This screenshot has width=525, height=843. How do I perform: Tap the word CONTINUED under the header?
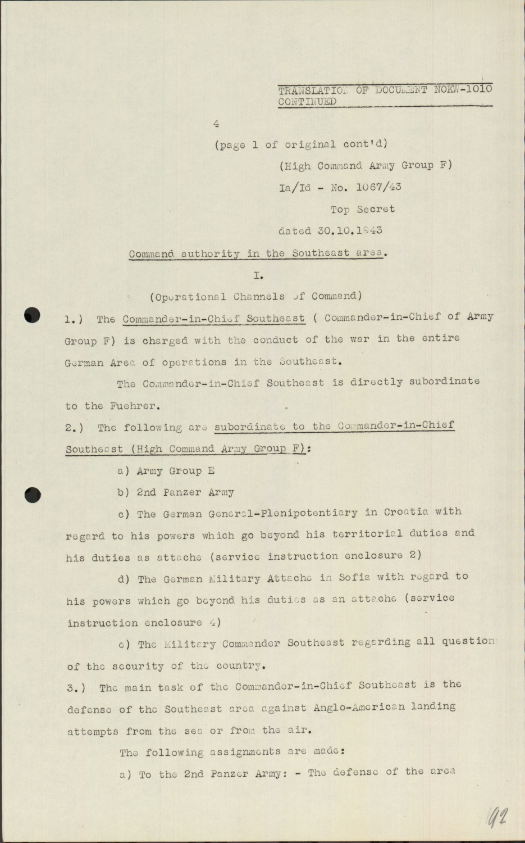(x=307, y=102)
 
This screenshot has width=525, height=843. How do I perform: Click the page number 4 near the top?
(x=216, y=124)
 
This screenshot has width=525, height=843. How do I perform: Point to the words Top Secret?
(x=362, y=209)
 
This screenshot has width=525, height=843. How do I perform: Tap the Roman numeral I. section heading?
(x=258, y=275)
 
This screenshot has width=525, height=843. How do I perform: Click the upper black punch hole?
(x=33, y=315)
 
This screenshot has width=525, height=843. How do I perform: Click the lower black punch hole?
(x=33, y=495)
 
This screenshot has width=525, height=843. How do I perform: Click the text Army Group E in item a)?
(x=175, y=471)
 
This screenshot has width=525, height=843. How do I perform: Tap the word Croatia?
(x=406, y=512)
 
